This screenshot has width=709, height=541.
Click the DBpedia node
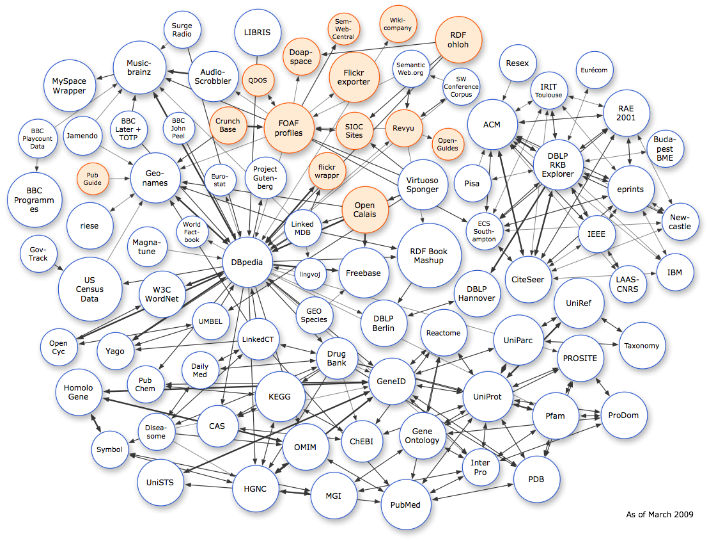click(247, 262)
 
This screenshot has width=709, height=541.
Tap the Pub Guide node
click(93, 179)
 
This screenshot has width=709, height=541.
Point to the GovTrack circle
click(38, 253)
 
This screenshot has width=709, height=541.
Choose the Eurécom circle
click(594, 70)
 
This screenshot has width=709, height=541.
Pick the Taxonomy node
click(641, 346)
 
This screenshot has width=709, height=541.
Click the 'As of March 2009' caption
click(659, 514)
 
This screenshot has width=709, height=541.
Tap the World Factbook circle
click(192, 232)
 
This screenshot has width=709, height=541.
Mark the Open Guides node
click(448, 144)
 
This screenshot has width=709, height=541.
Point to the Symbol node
click(109, 449)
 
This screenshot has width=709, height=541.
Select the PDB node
click(537, 479)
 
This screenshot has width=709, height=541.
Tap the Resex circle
click(517, 63)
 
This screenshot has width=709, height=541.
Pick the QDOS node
click(258, 80)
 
